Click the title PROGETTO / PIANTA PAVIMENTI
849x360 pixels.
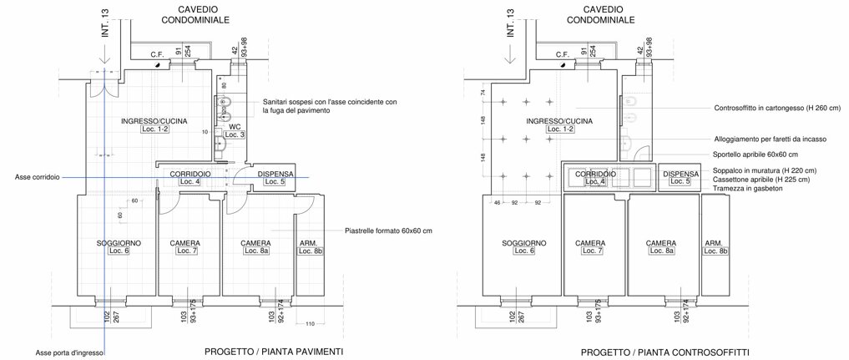(x=274, y=352)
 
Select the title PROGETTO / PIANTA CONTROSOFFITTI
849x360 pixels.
(x=665, y=352)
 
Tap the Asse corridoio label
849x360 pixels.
(x=38, y=177)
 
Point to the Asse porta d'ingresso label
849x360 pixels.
(x=69, y=352)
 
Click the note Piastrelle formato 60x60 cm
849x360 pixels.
(x=388, y=231)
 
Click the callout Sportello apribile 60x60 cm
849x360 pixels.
(x=755, y=155)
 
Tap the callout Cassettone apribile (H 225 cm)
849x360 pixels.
(x=762, y=180)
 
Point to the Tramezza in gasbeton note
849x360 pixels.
(x=748, y=188)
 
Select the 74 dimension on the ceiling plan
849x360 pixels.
(x=483, y=93)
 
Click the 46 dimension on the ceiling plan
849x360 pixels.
(x=497, y=202)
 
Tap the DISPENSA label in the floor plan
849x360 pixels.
(x=275, y=174)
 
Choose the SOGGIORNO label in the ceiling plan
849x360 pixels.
(x=523, y=243)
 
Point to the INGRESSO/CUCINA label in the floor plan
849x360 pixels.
(x=154, y=121)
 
